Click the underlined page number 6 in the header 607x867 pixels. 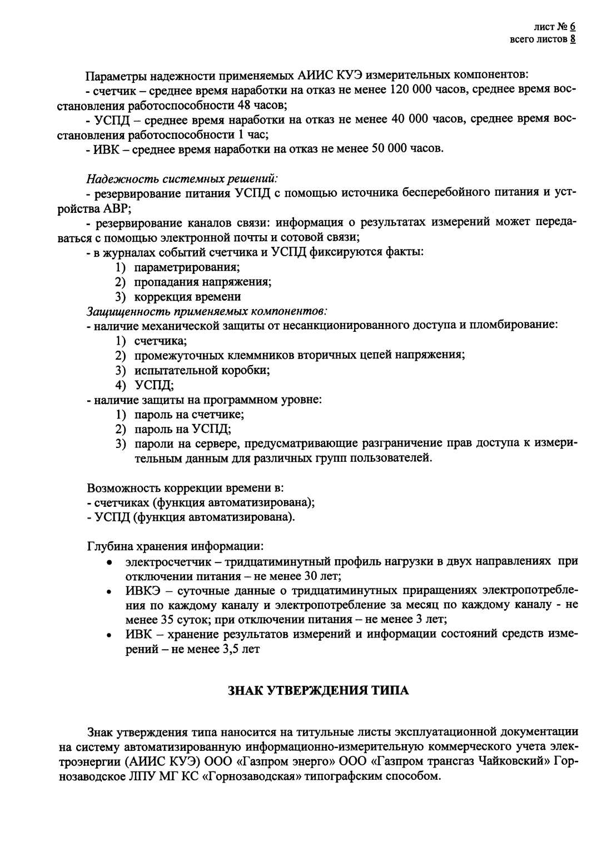[x=572, y=26]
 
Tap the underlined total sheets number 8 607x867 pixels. [x=572, y=39]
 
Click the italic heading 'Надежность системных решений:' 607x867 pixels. [x=182, y=179]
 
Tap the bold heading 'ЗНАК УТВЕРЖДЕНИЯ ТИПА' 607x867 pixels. [x=319, y=691]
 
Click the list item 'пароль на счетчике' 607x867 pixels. [x=189, y=414]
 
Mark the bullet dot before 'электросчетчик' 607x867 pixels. [x=111, y=562]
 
